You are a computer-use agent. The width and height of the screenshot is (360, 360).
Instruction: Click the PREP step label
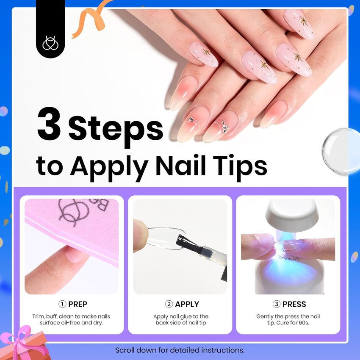point(78,304)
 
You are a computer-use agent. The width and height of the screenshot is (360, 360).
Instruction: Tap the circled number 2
point(169,304)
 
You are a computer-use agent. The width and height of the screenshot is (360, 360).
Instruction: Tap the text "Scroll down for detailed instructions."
point(180,350)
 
